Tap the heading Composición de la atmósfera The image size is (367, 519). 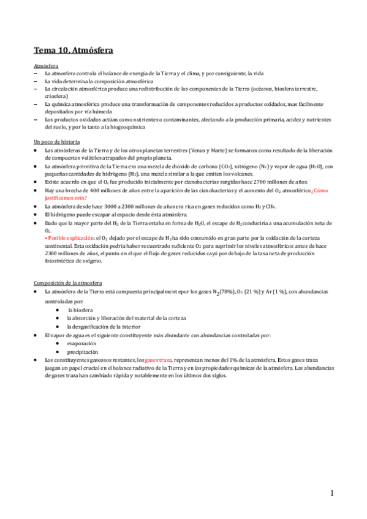point(69,283)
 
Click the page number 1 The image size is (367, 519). point(331,493)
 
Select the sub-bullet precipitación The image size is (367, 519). point(84,351)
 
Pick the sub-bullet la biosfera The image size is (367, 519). point(80,310)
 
